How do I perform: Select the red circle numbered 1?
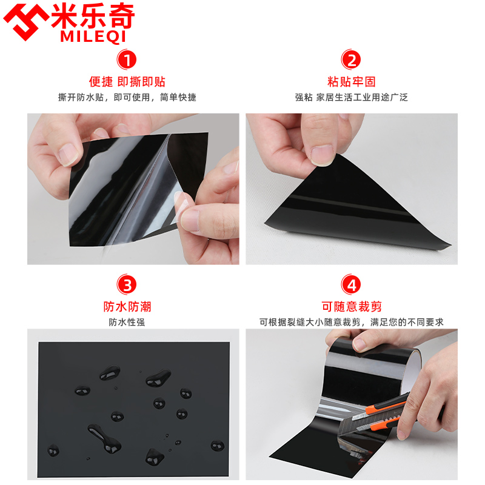tap(127, 59)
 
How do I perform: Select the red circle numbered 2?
tap(351, 59)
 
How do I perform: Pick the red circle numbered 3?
tap(127, 284)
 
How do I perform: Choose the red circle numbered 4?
tap(351, 284)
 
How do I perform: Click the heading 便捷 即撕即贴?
tap(127, 82)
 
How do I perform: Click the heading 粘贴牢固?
tap(352, 82)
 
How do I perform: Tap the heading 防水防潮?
tap(127, 307)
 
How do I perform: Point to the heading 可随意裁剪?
tap(352, 307)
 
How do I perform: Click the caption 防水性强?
tap(127, 323)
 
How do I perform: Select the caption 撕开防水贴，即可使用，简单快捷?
tap(127, 98)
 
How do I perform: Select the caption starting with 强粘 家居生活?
tap(352, 98)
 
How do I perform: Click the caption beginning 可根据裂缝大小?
tap(352, 323)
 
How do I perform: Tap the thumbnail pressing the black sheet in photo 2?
tap(321, 155)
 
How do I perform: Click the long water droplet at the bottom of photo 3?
tap(102, 438)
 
